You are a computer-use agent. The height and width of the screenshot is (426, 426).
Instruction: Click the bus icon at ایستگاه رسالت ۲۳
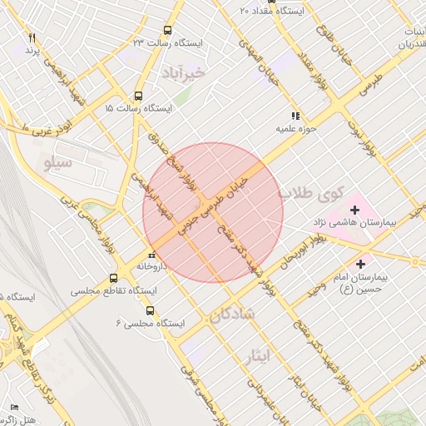(x=169, y=30)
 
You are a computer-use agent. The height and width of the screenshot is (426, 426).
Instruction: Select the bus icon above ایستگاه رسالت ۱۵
(x=138, y=96)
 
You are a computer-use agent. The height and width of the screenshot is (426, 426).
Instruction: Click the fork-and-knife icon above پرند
(x=32, y=38)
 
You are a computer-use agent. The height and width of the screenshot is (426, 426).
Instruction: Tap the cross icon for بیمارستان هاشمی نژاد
(x=354, y=210)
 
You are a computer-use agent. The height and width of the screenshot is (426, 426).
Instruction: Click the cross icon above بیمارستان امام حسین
(x=359, y=264)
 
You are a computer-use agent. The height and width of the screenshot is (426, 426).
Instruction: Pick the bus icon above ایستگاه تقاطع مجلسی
(x=113, y=279)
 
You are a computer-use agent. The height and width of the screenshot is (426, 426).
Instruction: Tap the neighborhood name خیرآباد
(x=184, y=72)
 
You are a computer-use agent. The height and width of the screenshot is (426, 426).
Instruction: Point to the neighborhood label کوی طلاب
(x=310, y=195)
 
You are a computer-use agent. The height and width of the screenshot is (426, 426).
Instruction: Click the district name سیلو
(x=57, y=163)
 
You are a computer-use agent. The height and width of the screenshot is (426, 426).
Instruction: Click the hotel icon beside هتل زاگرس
(x=14, y=406)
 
